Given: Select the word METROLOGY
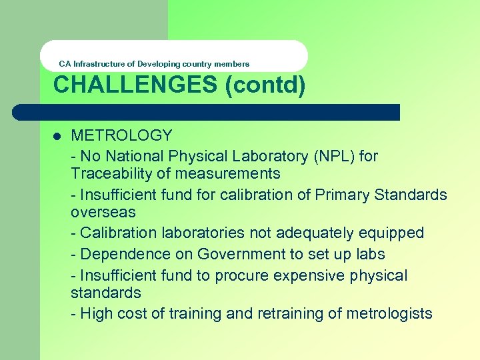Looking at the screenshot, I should [x=121, y=135].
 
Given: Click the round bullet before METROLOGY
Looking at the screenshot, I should [x=57, y=136].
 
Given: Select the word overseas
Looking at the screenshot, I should [x=103, y=213].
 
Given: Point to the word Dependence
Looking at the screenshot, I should [x=119, y=255].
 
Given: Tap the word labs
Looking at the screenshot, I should [x=369, y=255].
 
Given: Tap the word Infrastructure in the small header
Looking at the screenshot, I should [x=99, y=64].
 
